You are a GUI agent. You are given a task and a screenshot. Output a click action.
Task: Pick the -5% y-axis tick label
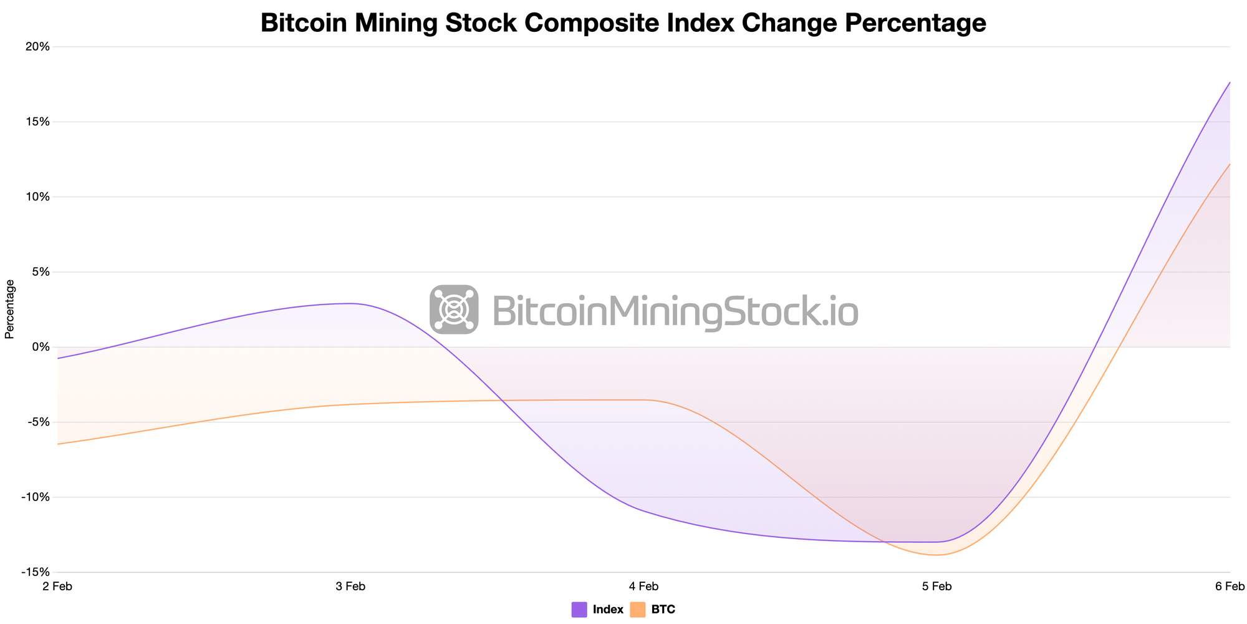[37, 422]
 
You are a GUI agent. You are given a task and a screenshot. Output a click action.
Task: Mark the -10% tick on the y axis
[35, 497]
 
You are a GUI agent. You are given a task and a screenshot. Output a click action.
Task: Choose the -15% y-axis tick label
[35, 572]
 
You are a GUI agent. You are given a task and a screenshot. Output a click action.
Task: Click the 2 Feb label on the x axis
[57, 586]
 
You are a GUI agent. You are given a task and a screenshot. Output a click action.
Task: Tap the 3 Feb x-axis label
[350, 586]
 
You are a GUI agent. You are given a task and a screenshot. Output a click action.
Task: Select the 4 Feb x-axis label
[643, 586]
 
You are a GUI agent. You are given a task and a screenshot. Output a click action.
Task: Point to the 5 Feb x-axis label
[936, 586]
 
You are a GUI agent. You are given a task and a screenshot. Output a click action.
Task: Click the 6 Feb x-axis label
[1230, 586]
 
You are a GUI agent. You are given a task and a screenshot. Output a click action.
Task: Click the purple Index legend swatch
[579, 610]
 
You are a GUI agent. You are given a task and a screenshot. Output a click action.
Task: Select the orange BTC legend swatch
[638, 610]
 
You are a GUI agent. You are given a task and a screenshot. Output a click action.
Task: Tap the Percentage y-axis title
[10, 309]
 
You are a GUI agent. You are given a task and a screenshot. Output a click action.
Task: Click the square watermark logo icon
[454, 310]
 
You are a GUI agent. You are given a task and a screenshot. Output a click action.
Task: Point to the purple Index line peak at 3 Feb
[350, 304]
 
